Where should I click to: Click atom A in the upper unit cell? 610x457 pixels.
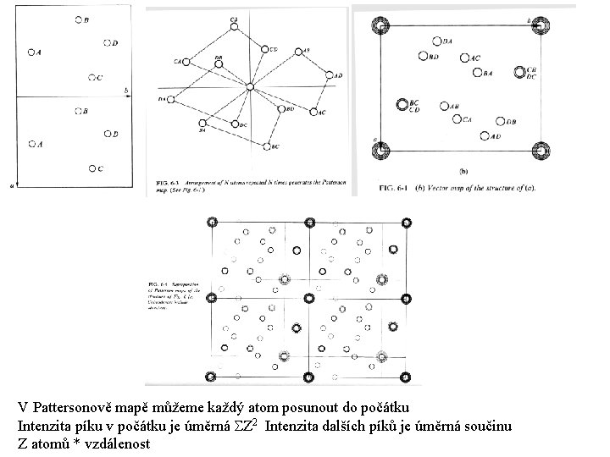coord(32,52)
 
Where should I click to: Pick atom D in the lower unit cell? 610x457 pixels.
coord(107,133)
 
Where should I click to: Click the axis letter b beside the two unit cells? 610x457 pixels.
coord(125,89)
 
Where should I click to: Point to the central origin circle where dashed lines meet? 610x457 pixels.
coord(250,87)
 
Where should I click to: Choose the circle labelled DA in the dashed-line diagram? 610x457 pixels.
coord(170,100)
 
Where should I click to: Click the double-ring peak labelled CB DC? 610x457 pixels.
coord(518,72)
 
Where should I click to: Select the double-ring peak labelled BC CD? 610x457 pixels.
coord(402,105)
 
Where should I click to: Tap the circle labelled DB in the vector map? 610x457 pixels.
coord(501,122)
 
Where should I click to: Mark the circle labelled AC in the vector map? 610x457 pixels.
coord(464,58)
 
